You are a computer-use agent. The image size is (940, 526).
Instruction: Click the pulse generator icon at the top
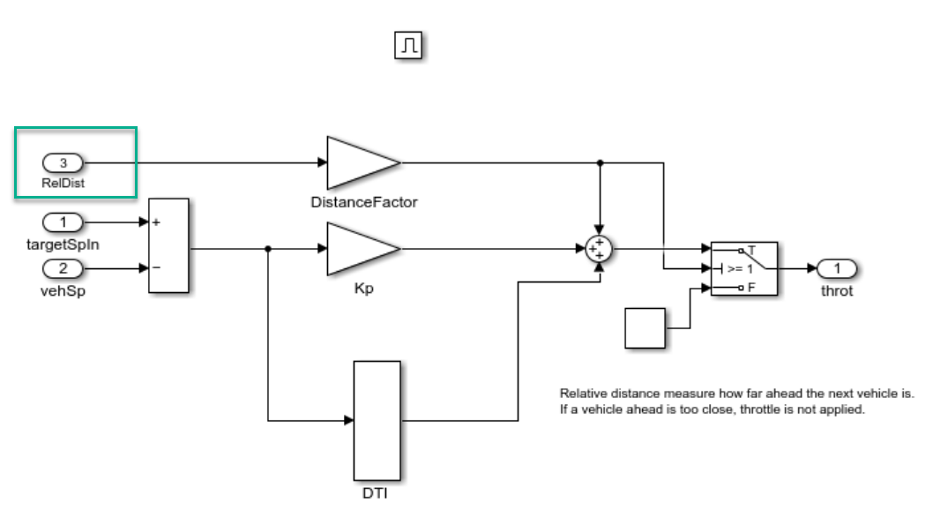[408, 46]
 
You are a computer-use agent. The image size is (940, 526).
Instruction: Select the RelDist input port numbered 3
[63, 162]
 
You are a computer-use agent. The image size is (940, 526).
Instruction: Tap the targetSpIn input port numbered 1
[63, 222]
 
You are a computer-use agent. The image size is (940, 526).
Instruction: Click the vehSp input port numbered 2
[63, 268]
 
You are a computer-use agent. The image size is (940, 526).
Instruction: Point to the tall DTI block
[377, 420]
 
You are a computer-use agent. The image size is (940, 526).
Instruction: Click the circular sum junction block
[600, 249]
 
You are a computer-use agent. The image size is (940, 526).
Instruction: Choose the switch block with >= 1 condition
[743, 268]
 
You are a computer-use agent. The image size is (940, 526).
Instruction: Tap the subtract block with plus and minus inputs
[168, 245]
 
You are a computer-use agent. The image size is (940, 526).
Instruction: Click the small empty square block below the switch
[645, 328]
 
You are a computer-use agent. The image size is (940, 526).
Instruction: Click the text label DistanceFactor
[364, 202]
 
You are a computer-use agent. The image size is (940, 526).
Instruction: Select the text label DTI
[377, 492]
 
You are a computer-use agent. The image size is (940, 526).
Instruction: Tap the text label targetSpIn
[63, 244]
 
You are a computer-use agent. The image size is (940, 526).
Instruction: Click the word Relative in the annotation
[584, 394]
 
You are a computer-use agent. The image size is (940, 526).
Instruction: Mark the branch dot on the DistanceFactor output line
[600, 162]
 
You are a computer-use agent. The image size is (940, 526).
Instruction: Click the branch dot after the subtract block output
[268, 249]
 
